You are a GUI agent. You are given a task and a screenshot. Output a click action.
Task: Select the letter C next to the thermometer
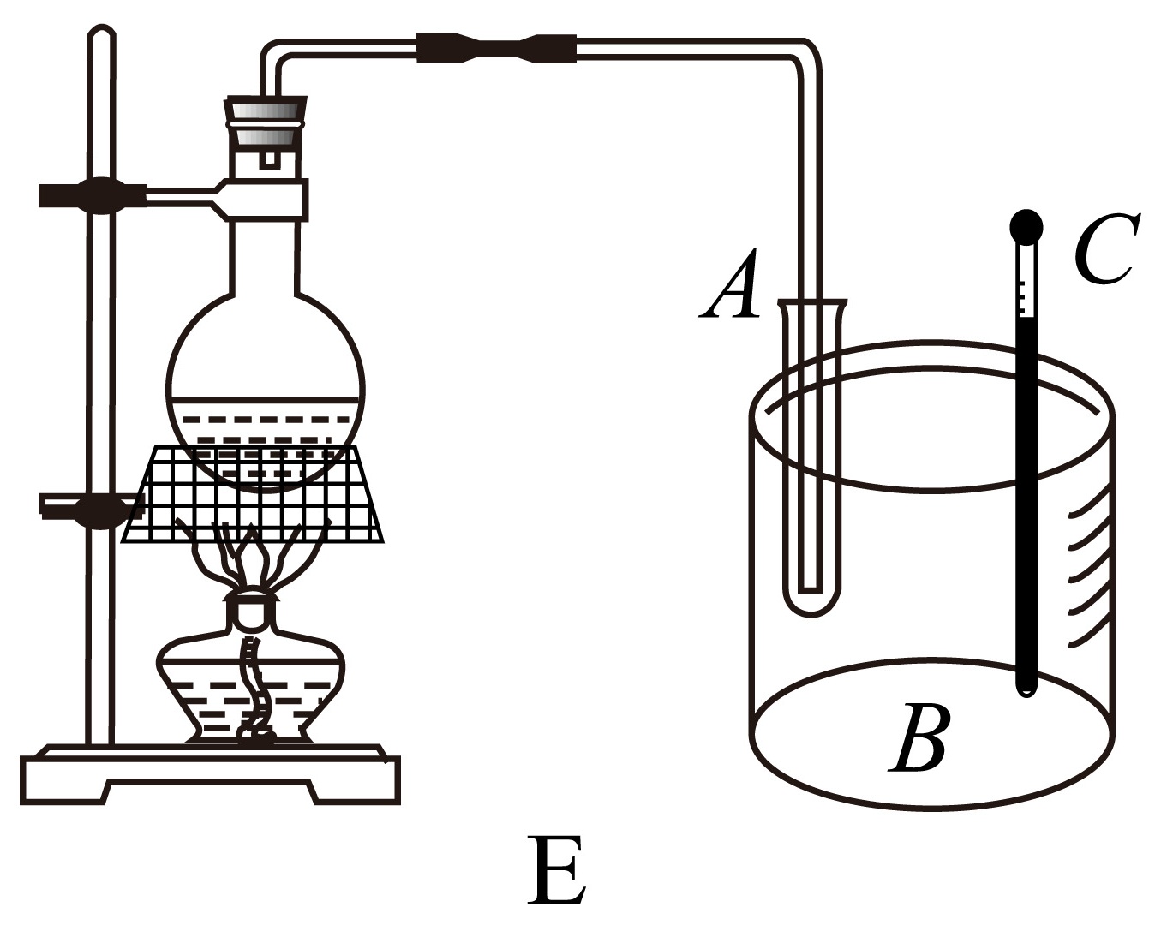point(1106,249)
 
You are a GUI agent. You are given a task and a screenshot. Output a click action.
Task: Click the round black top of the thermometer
point(1026,226)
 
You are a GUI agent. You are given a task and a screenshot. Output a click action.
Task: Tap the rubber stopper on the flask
point(266,123)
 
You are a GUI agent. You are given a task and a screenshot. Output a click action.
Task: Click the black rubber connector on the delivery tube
point(497,47)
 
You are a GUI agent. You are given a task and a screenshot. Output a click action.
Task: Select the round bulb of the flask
point(266,391)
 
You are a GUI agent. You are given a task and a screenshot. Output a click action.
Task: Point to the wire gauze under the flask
point(253,493)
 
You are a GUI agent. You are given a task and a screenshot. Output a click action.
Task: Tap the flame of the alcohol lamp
point(251,556)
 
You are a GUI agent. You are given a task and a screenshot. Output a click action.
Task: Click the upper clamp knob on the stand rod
point(103,195)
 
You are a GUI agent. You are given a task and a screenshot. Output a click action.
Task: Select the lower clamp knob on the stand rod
point(100,508)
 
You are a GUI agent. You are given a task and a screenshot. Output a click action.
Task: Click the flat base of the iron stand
point(211,776)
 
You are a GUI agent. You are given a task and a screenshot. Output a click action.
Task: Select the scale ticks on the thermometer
point(1021,298)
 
